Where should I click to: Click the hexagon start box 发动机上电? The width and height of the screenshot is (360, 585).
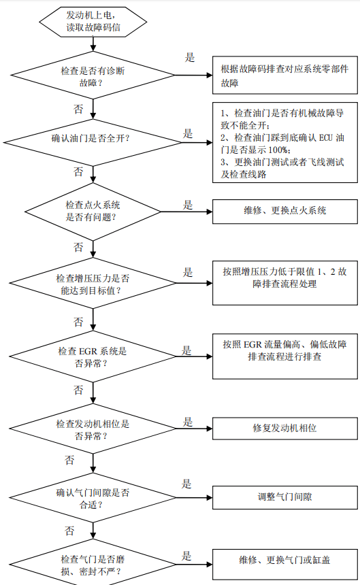(x=93, y=22)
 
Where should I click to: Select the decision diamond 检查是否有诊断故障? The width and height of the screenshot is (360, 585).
(x=93, y=76)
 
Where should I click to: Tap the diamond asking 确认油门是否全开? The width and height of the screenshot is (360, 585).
(x=93, y=142)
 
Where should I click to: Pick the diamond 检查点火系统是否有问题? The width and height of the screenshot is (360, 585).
(x=93, y=212)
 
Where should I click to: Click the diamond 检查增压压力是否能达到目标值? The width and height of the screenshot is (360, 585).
(x=93, y=283)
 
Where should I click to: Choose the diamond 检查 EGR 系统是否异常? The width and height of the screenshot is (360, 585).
(x=93, y=356)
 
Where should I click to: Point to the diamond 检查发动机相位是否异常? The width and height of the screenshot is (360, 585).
(x=93, y=429)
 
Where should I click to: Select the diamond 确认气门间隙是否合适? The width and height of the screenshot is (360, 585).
(x=93, y=498)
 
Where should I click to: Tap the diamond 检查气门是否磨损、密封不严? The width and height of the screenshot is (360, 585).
(x=93, y=563)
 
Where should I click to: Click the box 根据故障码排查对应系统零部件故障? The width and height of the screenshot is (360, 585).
(x=285, y=75)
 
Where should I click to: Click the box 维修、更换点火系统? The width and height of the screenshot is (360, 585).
(x=285, y=211)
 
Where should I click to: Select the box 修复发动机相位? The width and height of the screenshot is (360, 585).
(x=285, y=429)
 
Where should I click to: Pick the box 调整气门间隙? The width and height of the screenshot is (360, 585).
(x=285, y=497)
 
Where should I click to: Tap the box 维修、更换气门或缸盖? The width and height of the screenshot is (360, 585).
(x=285, y=564)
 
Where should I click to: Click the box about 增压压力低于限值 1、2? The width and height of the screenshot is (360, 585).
(x=285, y=283)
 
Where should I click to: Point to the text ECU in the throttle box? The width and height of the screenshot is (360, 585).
(x=325, y=137)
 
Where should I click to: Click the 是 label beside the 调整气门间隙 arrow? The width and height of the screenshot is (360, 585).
(x=187, y=484)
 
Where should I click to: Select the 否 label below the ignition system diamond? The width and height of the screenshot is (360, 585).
(x=78, y=248)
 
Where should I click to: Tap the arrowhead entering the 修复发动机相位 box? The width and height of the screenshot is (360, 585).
(x=210, y=429)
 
